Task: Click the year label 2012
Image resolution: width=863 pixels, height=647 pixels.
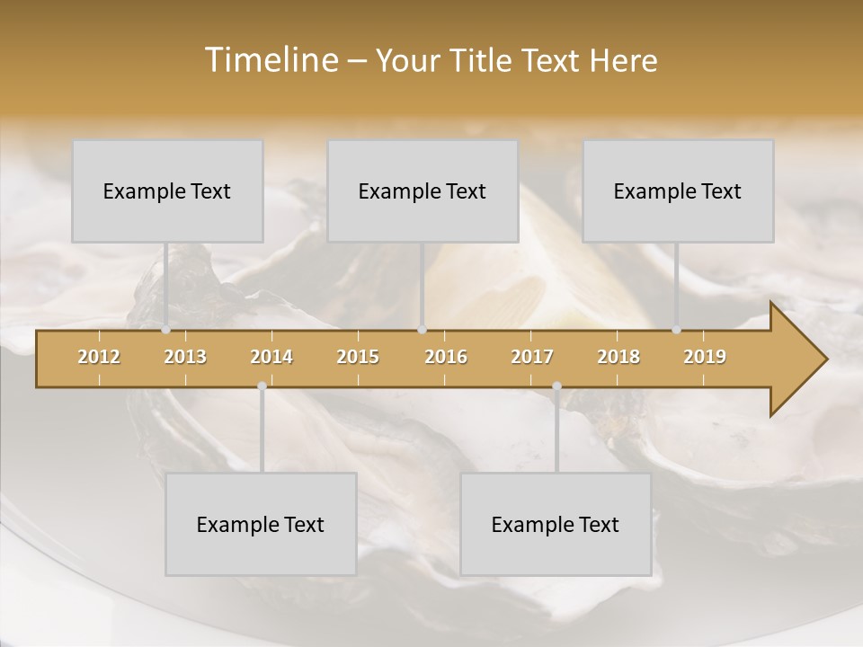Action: click(99, 357)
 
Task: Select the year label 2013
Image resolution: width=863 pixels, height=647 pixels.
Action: click(185, 357)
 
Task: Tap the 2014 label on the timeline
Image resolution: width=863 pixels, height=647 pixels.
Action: click(271, 357)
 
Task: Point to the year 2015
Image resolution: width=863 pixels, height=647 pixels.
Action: click(358, 357)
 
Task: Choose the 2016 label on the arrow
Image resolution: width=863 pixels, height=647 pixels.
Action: click(446, 357)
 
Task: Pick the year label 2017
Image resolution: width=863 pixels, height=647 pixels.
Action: click(532, 357)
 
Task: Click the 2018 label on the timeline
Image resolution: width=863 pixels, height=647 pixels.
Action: click(618, 357)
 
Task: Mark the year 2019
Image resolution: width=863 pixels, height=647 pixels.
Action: click(705, 357)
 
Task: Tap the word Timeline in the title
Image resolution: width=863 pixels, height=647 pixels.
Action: click(270, 60)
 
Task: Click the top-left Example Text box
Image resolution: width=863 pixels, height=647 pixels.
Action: click(167, 191)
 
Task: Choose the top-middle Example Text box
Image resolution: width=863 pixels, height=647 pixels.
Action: click(423, 191)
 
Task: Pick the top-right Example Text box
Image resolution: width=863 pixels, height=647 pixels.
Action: click(678, 191)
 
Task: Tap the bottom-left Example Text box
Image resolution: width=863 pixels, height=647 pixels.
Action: click(261, 524)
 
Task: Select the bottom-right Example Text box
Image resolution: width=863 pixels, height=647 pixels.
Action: click(556, 524)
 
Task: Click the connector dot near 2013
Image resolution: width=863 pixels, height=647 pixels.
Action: click(166, 330)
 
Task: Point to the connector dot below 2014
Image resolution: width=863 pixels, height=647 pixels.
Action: click(262, 386)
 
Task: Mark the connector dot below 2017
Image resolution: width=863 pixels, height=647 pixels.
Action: click(556, 386)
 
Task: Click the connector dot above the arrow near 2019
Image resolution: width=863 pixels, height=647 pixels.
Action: click(677, 330)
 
